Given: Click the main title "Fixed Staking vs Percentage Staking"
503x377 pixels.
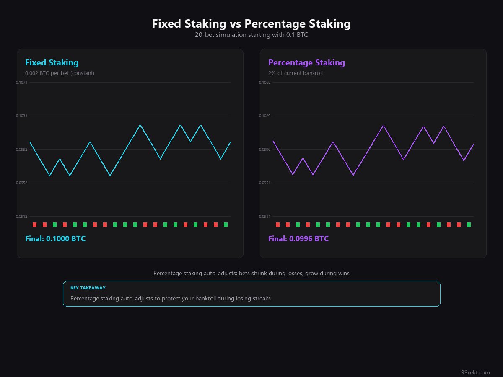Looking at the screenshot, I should [251, 24].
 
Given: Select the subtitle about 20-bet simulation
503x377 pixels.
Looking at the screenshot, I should [251, 35].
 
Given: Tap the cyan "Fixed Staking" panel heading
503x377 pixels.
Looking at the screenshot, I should [52, 63].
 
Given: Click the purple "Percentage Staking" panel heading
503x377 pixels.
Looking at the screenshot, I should [306, 63].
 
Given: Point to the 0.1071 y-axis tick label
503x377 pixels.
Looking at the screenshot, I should [21, 82].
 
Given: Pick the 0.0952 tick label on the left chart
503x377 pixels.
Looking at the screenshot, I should [21, 183].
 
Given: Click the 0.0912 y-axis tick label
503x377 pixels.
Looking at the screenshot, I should [21, 216].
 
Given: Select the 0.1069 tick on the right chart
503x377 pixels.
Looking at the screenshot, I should [264, 82].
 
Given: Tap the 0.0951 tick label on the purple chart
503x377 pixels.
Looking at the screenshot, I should [264, 183].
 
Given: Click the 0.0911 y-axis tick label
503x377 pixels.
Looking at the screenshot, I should [264, 216].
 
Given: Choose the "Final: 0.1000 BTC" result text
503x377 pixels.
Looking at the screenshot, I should [55, 239].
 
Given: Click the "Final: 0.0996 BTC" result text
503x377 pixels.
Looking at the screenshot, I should [298, 239].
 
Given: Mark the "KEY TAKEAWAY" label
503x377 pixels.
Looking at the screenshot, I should [88, 288].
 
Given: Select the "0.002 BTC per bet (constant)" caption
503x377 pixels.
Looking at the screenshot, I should [60, 73].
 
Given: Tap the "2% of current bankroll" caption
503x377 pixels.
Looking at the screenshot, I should [296, 73].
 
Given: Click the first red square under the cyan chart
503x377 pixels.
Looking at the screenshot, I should [35, 225].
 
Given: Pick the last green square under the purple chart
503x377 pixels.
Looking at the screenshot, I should [469, 225].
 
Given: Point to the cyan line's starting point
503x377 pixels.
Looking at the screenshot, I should [30, 142].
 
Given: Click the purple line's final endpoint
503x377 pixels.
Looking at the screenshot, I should [474, 144].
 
